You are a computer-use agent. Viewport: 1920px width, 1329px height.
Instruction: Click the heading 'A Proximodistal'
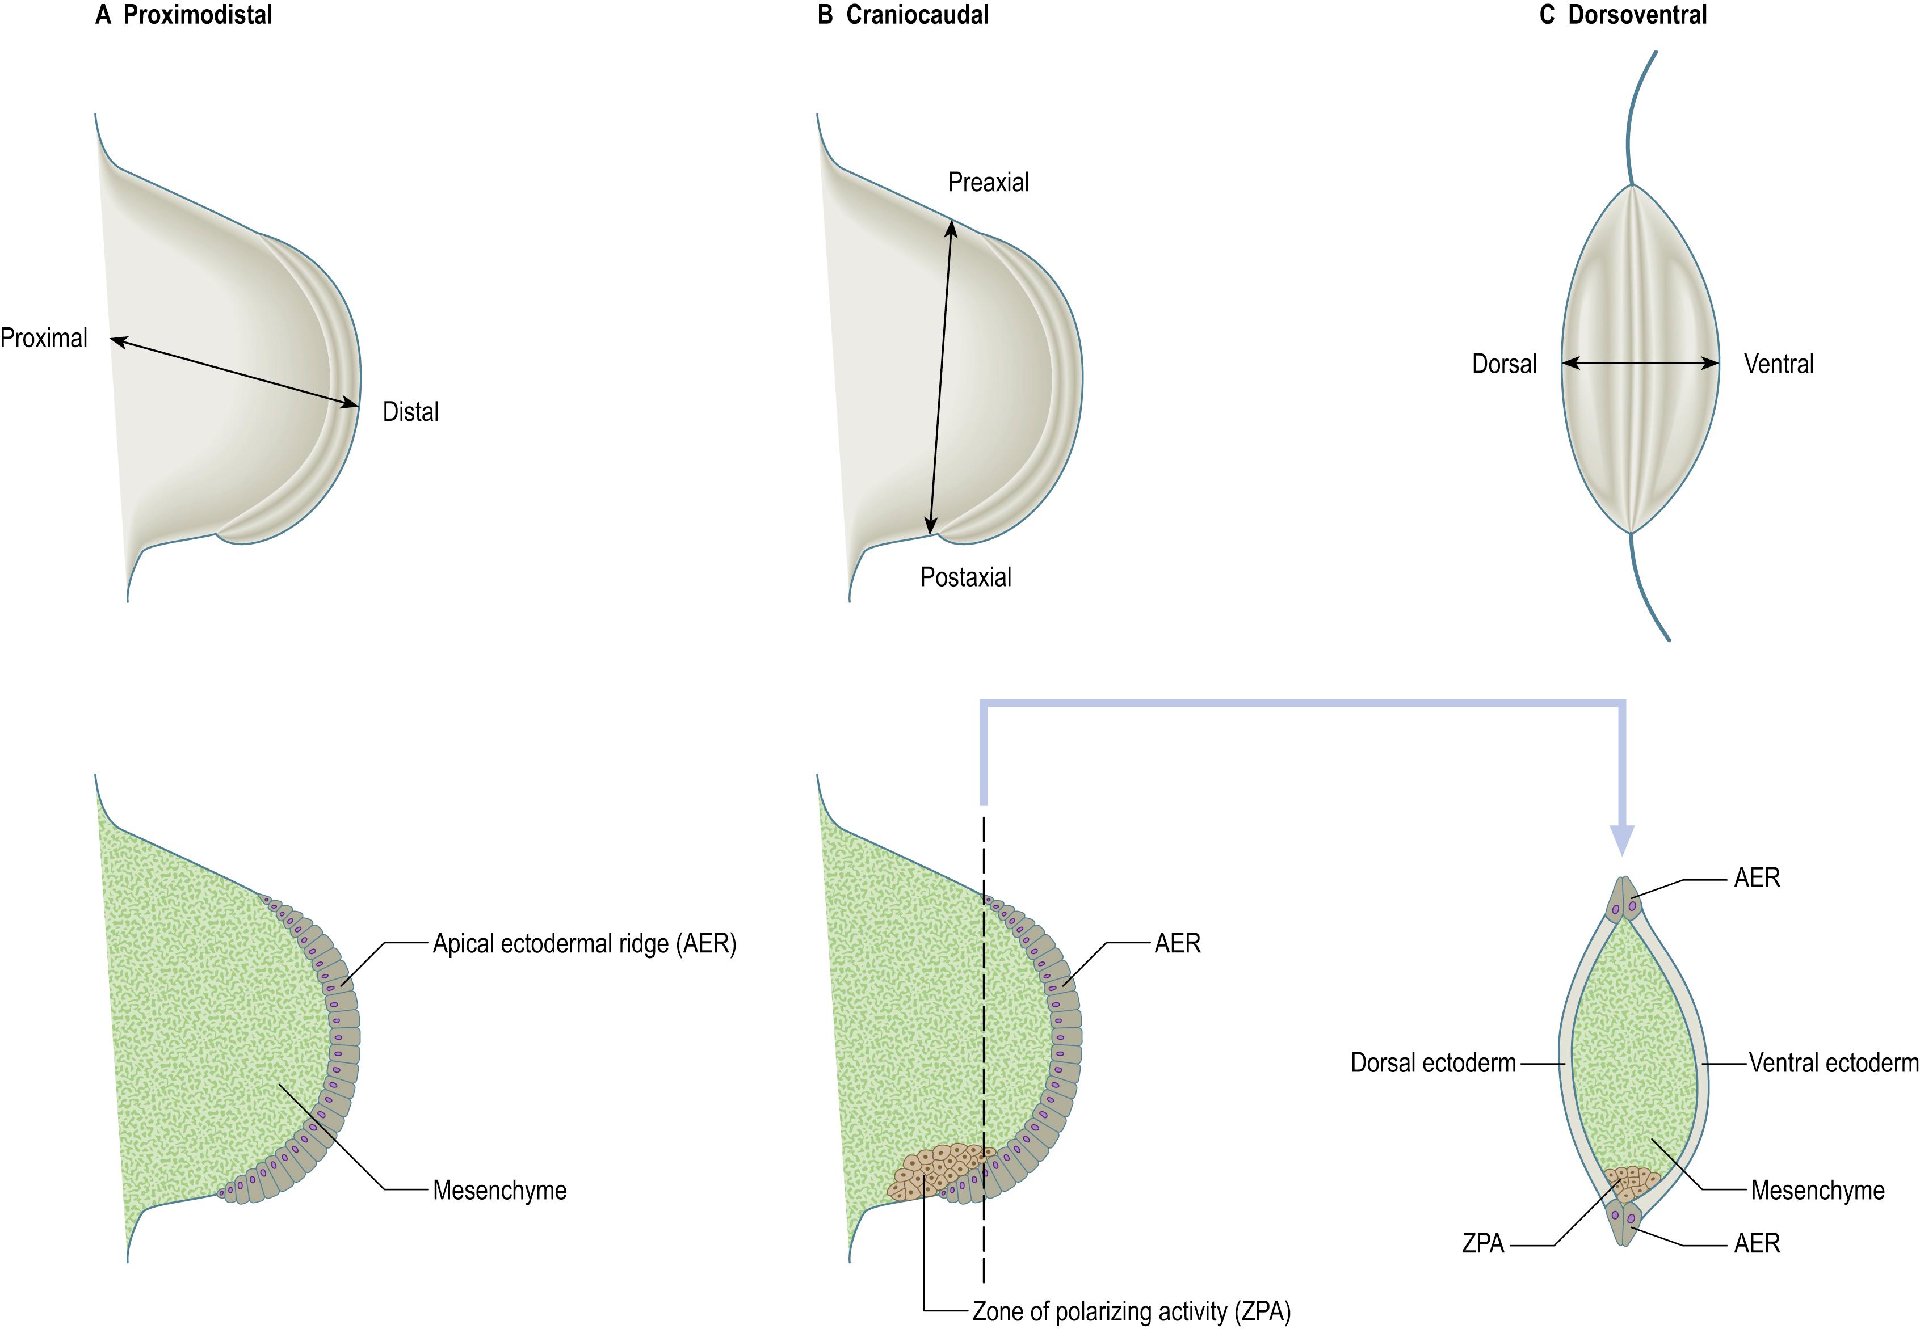click(183, 15)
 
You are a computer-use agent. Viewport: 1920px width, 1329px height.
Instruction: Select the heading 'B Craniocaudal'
click(903, 15)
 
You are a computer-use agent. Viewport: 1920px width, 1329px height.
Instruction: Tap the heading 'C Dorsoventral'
click(1623, 15)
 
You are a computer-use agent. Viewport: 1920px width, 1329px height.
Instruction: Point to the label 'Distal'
click(410, 411)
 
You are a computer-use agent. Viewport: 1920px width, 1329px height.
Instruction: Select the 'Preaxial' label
click(988, 183)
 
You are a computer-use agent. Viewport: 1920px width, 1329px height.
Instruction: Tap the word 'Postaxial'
click(965, 577)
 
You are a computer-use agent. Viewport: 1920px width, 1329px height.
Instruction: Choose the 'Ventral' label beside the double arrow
click(1778, 364)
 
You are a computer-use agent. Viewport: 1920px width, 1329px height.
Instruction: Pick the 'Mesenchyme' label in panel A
click(500, 1190)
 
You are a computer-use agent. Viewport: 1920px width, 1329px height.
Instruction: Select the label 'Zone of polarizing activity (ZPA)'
click(1131, 1311)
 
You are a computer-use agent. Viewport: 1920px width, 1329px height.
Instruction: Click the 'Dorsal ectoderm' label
click(1432, 1064)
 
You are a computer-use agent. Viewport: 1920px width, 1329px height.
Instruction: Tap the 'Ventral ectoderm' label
click(1833, 1064)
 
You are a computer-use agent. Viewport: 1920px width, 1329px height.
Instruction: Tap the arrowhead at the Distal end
click(352, 404)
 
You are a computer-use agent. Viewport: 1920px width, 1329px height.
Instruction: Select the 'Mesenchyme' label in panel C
click(1817, 1190)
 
